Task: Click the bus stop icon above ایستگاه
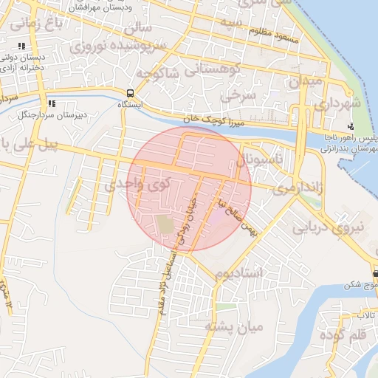(130, 94)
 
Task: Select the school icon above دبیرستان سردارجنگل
(52, 104)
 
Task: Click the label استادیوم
(238, 274)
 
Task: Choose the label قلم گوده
(343, 336)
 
